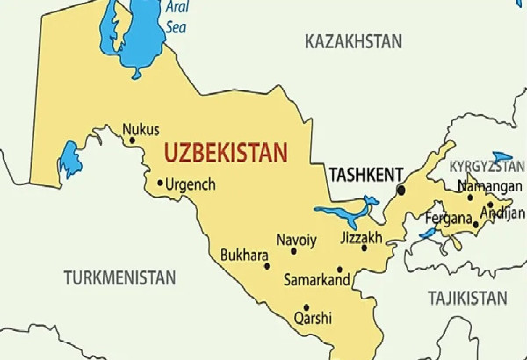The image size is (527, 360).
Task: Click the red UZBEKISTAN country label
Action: [226, 152]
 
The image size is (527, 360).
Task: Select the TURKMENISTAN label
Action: [119, 277]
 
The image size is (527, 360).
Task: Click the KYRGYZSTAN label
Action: [487, 166]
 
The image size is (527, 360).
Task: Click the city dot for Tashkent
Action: [401, 190]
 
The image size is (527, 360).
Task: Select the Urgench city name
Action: [191, 185]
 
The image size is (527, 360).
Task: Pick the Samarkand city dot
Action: [340, 270]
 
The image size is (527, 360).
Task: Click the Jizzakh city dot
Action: [364, 248]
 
